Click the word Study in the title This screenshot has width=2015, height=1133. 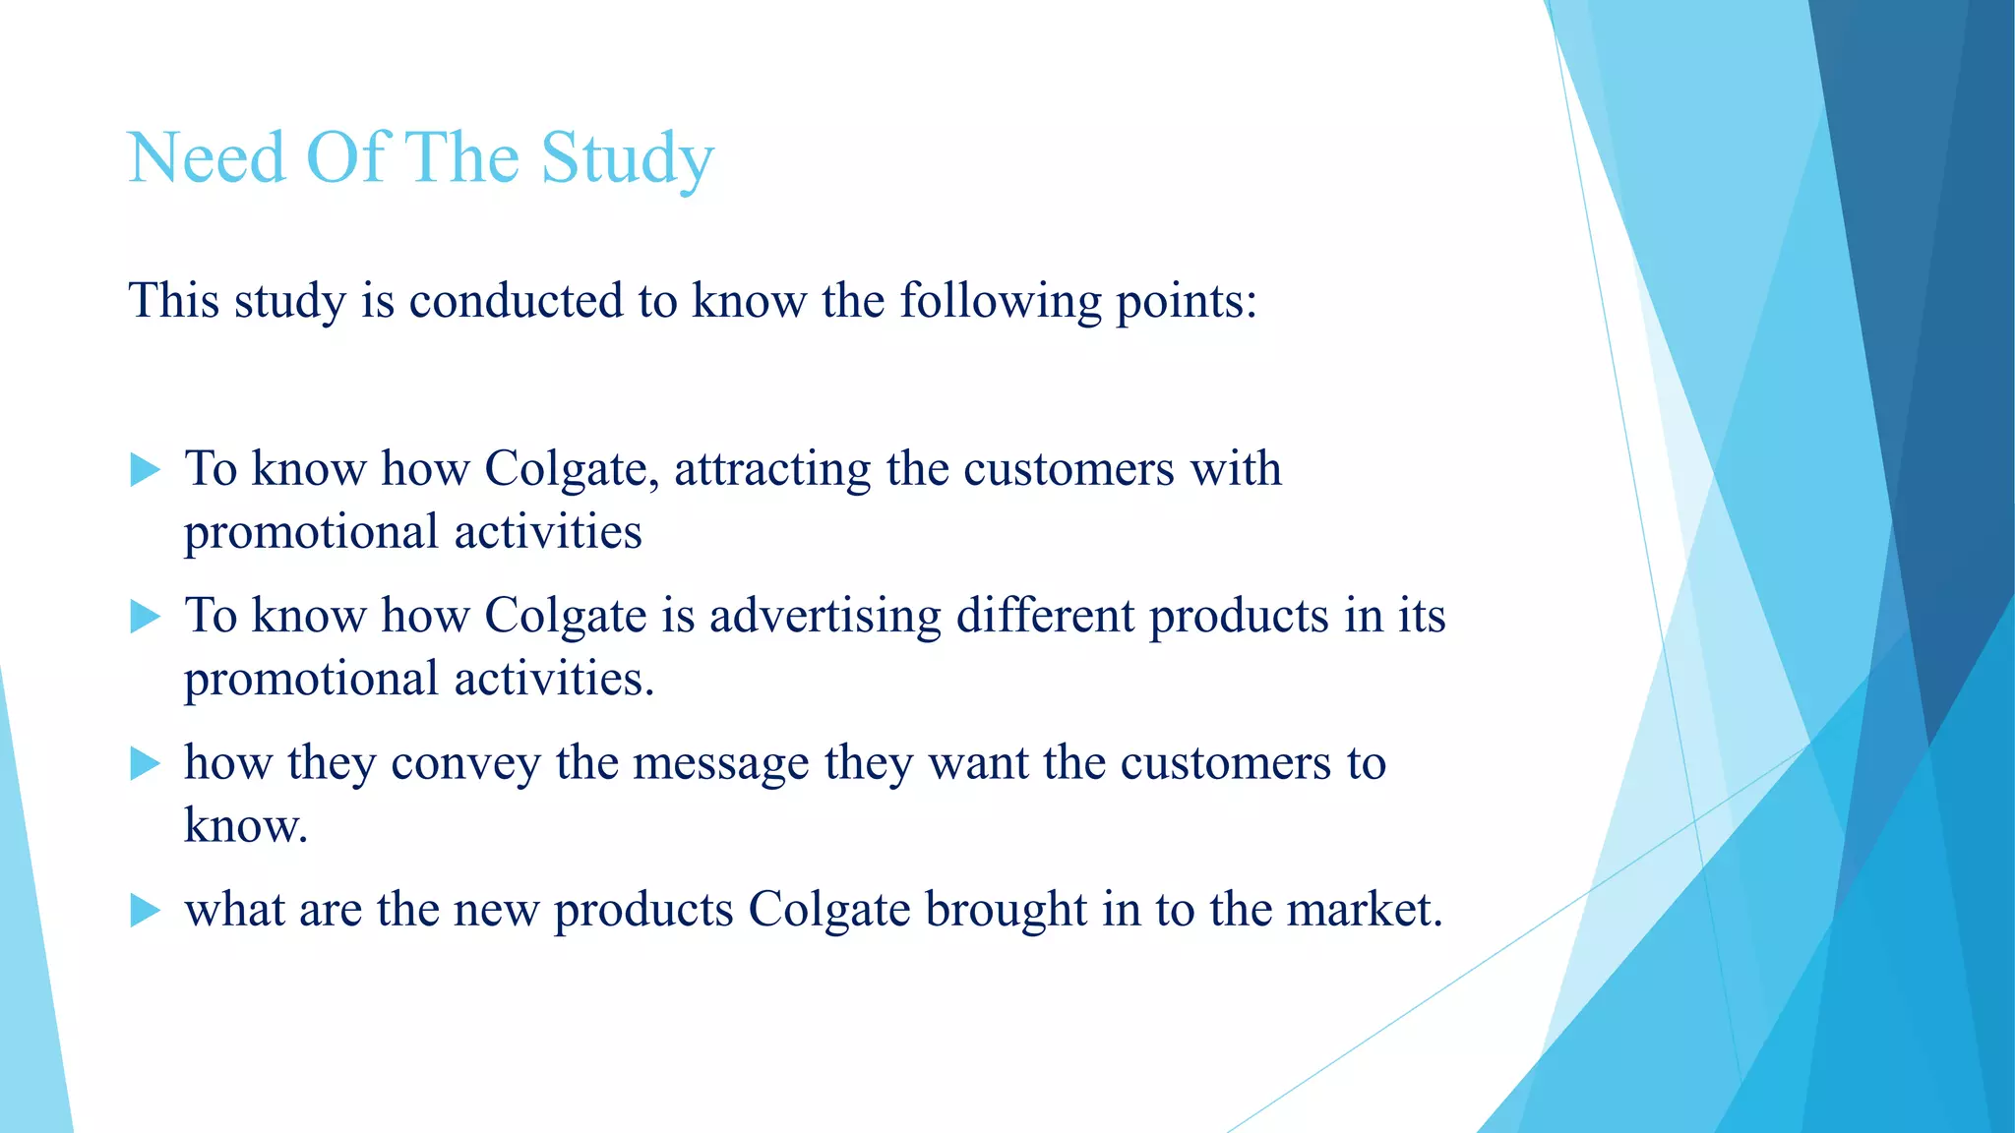point(627,159)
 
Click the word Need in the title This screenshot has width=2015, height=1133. point(206,157)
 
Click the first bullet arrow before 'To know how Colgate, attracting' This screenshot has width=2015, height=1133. point(145,470)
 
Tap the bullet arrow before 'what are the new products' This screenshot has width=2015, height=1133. point(145,911)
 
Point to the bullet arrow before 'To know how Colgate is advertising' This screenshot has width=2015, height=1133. point(145,618)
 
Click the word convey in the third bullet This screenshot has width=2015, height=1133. point(465,764)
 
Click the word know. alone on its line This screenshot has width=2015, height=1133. point(246,826)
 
